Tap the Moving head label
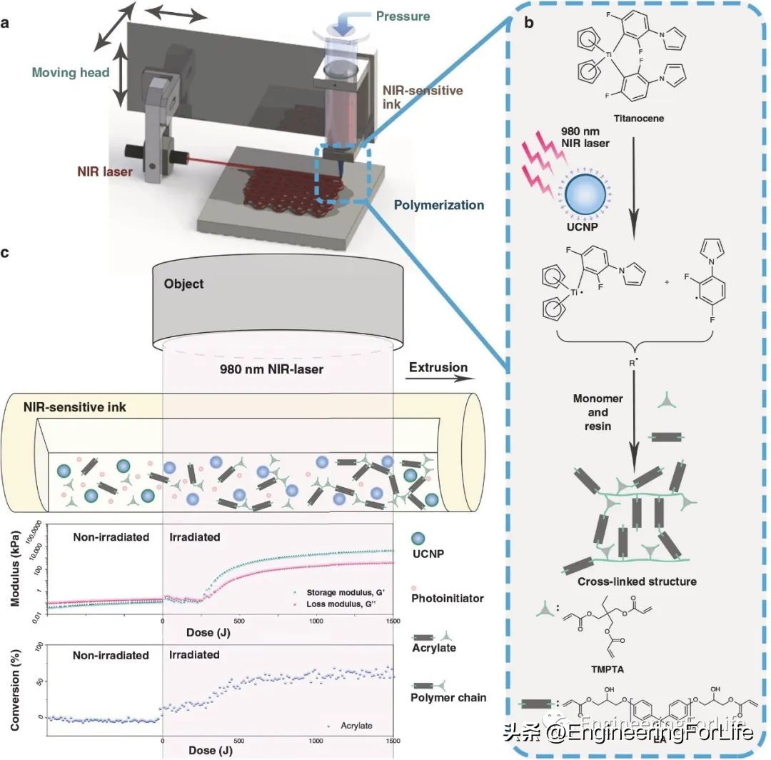70,72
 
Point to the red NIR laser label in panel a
104,172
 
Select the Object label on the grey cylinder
183,284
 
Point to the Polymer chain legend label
448,696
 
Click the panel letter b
528,22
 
